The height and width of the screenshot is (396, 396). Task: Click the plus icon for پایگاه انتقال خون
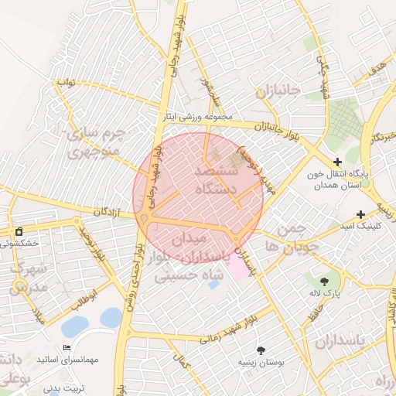click(337, 161)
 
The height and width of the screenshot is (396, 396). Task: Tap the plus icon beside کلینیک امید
click(360, 214)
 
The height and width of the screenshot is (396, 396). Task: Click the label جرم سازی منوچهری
click(97, 142)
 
